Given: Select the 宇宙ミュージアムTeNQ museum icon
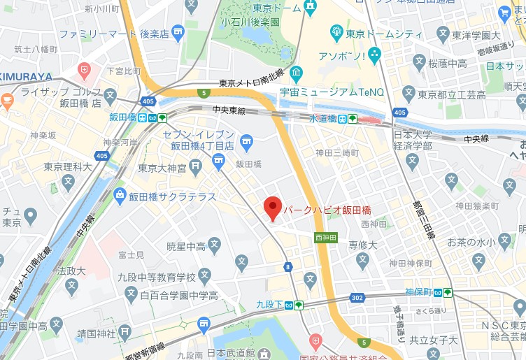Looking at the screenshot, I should [297, 73].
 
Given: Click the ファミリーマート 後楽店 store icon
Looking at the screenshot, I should [178, 31].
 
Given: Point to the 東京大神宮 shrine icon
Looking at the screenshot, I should [197, 166].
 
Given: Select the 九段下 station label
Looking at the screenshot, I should [269, 304].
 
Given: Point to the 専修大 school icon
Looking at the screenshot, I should [362, 261].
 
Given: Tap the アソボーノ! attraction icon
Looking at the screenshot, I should [375, 54].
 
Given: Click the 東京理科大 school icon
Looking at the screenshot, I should [68, 182].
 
